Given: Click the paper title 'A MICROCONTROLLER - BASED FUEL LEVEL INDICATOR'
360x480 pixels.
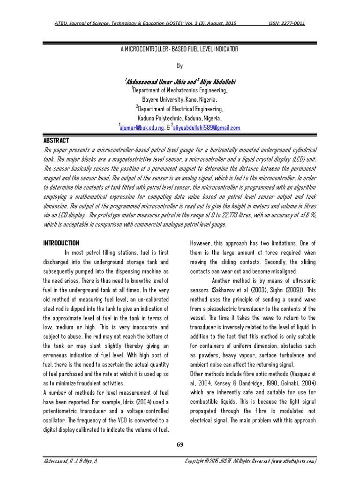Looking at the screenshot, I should coord(180,49).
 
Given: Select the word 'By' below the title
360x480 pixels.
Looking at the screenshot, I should coord(180,66).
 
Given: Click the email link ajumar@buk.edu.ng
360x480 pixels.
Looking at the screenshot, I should coord(142,127).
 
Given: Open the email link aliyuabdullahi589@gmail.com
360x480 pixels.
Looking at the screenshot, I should coord(206,127).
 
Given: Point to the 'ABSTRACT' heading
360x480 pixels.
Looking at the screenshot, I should coord(56,141).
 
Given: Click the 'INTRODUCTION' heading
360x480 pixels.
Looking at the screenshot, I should coord(61,243).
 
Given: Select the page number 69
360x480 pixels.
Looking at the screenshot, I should coord(180,444).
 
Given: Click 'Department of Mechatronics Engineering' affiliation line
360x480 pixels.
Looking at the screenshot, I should coord(180,90).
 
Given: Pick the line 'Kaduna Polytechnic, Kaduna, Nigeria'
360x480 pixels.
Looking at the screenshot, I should coord(180,118).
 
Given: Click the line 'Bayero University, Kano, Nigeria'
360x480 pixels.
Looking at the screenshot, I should coord(180,100).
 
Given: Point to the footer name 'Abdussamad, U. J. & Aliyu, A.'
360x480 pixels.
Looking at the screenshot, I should coord(70,461).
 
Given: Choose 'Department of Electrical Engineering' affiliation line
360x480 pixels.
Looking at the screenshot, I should coord(180,109).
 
